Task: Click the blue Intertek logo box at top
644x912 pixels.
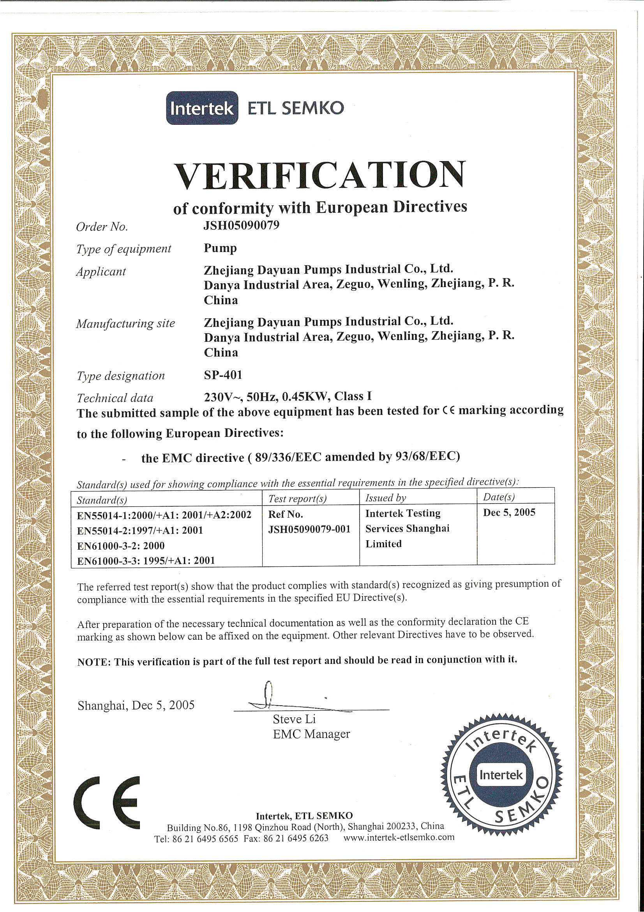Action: click(x=202, y=108)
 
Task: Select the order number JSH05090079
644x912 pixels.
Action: click(x=241, y=225)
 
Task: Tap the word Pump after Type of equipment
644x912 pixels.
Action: click(x=220, y=248)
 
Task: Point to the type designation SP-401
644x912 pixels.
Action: click(x=223, y=374)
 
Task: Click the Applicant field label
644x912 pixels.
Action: click(x=101, y=272)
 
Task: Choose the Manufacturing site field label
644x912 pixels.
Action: click(x=125, y=324)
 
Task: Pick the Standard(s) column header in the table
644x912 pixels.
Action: click(x=102, y=500)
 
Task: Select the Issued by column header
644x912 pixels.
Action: click(x=385, y=498)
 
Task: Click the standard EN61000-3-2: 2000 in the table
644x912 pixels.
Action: click(x=121, y=545)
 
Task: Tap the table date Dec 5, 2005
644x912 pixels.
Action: click(x=509, y=513)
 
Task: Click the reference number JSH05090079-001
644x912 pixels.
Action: click(x=309, y=529)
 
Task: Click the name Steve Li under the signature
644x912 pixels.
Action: click(x=294, y=719)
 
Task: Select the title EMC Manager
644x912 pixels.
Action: click(x=311, y=734)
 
